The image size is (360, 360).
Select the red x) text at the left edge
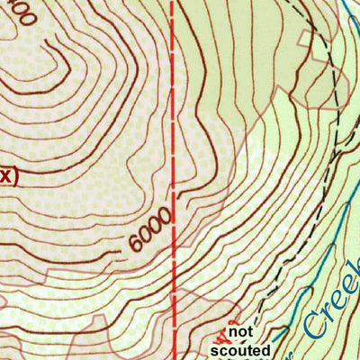tap(7, 176)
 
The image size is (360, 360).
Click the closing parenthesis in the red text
tap(13, 176)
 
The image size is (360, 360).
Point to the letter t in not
tap(246, 331)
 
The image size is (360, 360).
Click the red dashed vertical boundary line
tap(172, 135)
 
